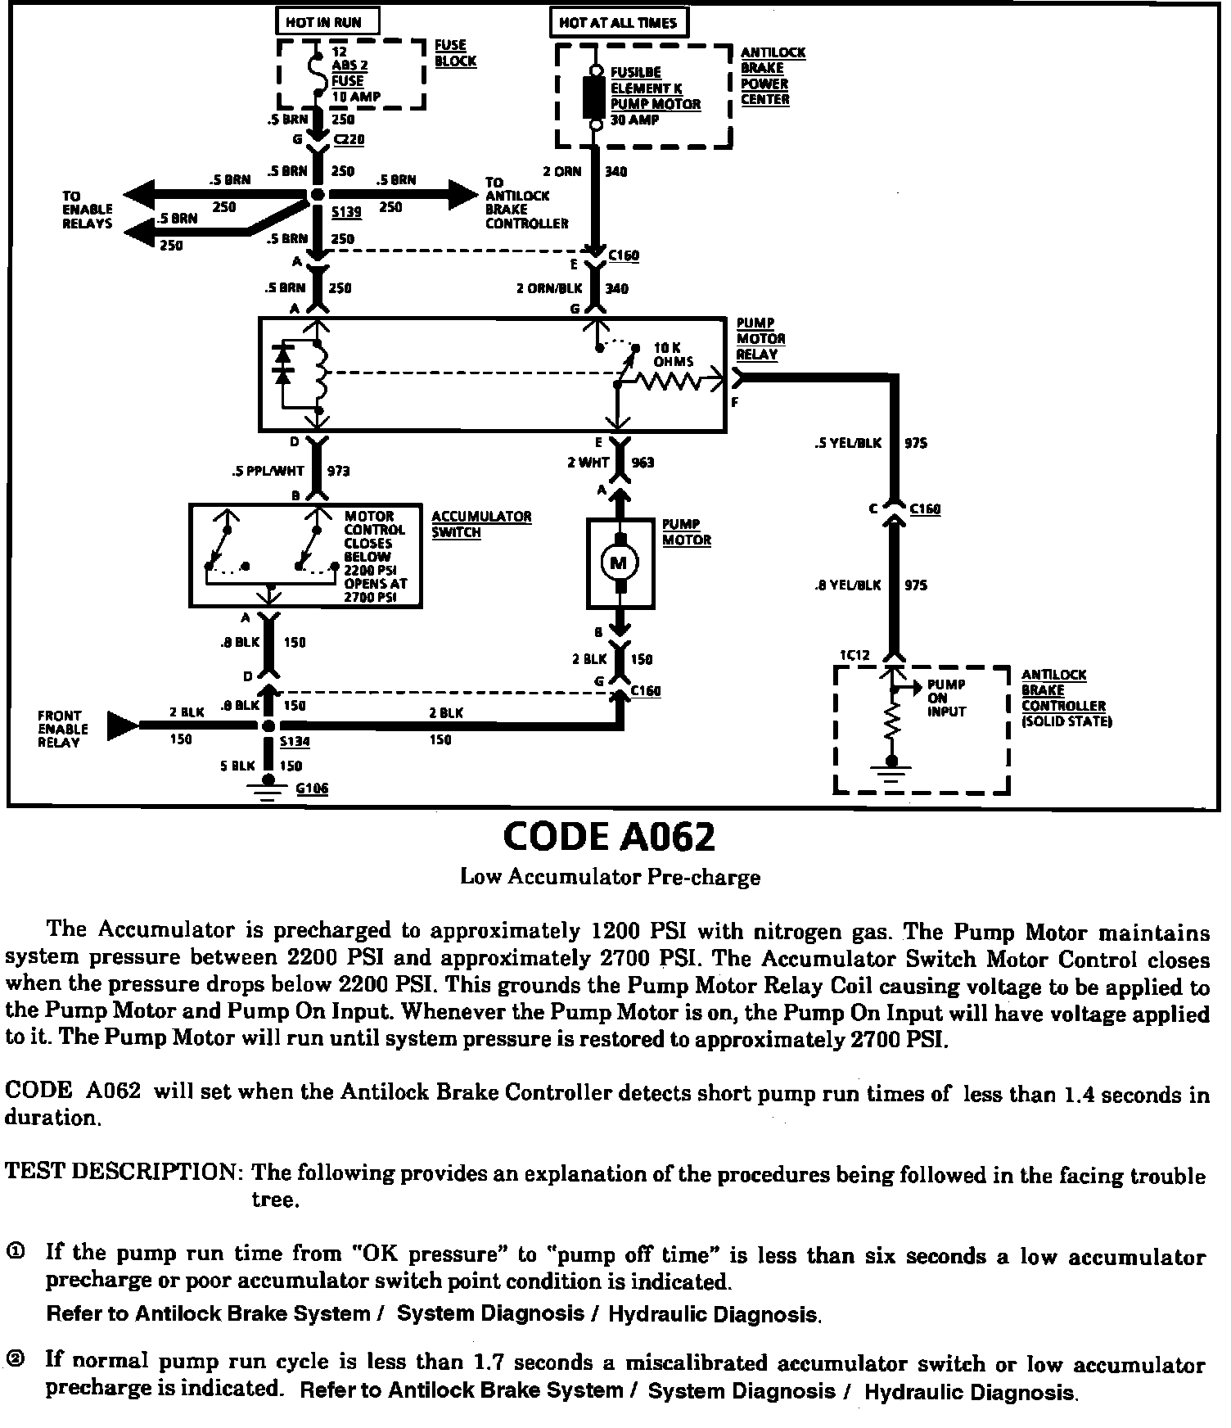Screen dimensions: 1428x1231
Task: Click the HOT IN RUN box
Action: (x=323, y=22)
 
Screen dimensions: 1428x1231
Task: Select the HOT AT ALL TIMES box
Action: (x=618, y=22)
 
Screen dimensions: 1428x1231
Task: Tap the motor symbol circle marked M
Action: (x=619, y=563)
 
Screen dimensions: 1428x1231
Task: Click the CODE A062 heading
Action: (x=609, y=837)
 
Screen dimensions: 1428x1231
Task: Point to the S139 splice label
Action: (x=347, y=211)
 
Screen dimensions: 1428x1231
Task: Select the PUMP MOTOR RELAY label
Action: (x=760, y=339)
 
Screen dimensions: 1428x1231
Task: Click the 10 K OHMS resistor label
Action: (x=674, y=355)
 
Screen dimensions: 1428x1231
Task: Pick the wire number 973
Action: (x=339, y=471)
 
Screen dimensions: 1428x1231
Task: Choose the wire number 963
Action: (x=643, y=463)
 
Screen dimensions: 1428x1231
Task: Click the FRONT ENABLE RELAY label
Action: (x=63, y=729)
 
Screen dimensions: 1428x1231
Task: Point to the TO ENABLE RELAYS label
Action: (x=88, y=210)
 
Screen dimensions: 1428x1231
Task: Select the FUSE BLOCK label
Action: (x=455, y=53)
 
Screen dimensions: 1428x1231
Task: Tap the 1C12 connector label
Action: (x=854, y=655)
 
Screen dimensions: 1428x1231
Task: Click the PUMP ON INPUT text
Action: (x=946, y=698)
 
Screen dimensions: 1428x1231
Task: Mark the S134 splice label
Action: (x=295, y=742)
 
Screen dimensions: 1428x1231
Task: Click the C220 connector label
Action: (x=349, y=139)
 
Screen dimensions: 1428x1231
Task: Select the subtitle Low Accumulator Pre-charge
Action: (x=610, y=877)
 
